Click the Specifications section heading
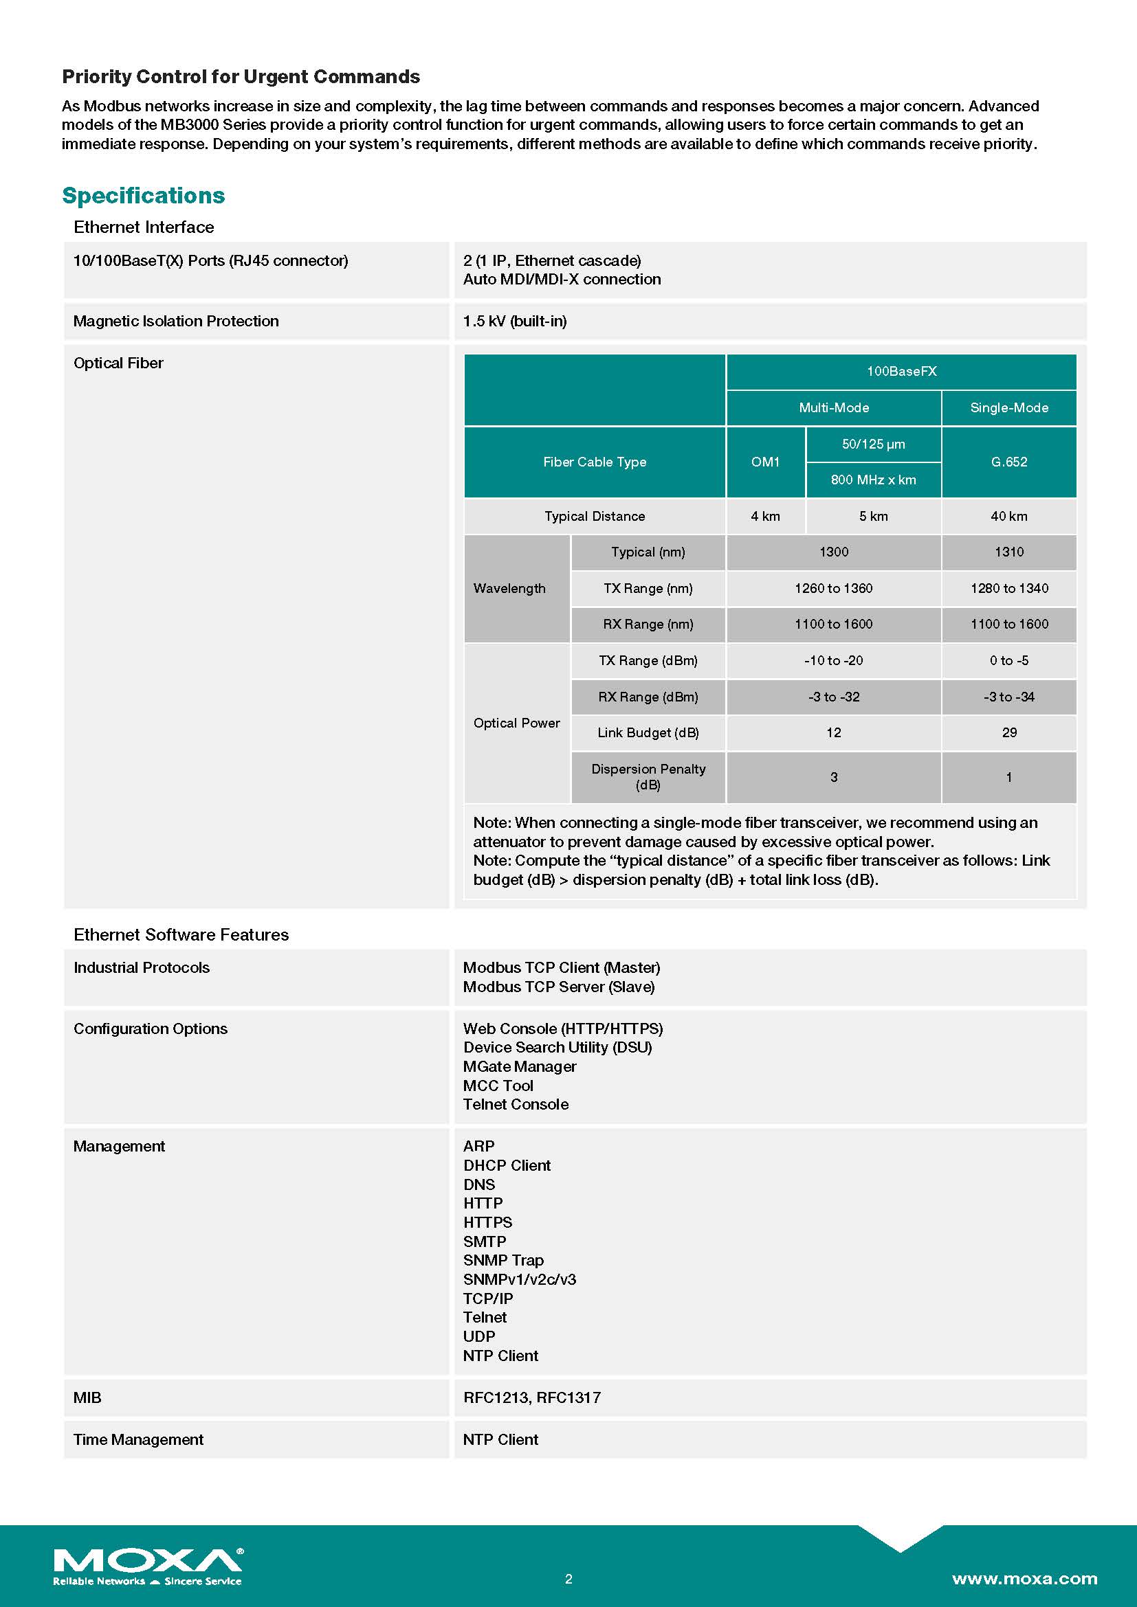tap(144, 195)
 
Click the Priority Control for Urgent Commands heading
tap(241, 76)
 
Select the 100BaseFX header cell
tap(901, 372)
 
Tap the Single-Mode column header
tap(1009, 408)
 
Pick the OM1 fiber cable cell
tap(765, 462)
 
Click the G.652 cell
tap(1009, 462)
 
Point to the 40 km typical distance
tap(1009, 517)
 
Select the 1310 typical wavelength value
tap(1009, 552)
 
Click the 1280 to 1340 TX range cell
tap(1009, 589)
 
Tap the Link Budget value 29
tap(1009, 733)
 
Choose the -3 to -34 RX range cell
tap(1009, 697)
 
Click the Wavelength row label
tap(509, 589)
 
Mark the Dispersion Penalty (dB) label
tap(648, 777)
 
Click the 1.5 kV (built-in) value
tap(515, 322)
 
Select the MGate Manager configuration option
tap(520, 1067)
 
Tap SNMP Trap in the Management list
tap(503, 1261)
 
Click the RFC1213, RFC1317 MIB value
tap(532, 1397)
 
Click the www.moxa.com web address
tap(1024, 1579)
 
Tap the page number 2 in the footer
tap(568, 1579)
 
